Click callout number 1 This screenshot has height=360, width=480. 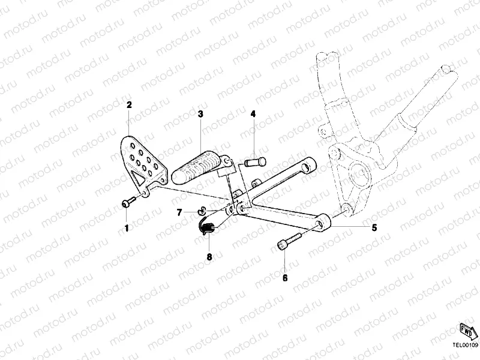point(127,228)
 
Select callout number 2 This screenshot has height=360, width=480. point(129,104)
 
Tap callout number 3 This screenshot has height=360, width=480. point(200,113)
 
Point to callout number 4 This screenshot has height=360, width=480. point(253,113)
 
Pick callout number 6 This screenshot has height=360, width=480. point(285,278)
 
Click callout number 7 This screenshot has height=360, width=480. point(179,212)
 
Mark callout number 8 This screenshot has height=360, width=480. point(209,257)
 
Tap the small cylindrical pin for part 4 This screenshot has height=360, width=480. point(254,160)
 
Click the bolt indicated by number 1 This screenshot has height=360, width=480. point(128,203)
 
